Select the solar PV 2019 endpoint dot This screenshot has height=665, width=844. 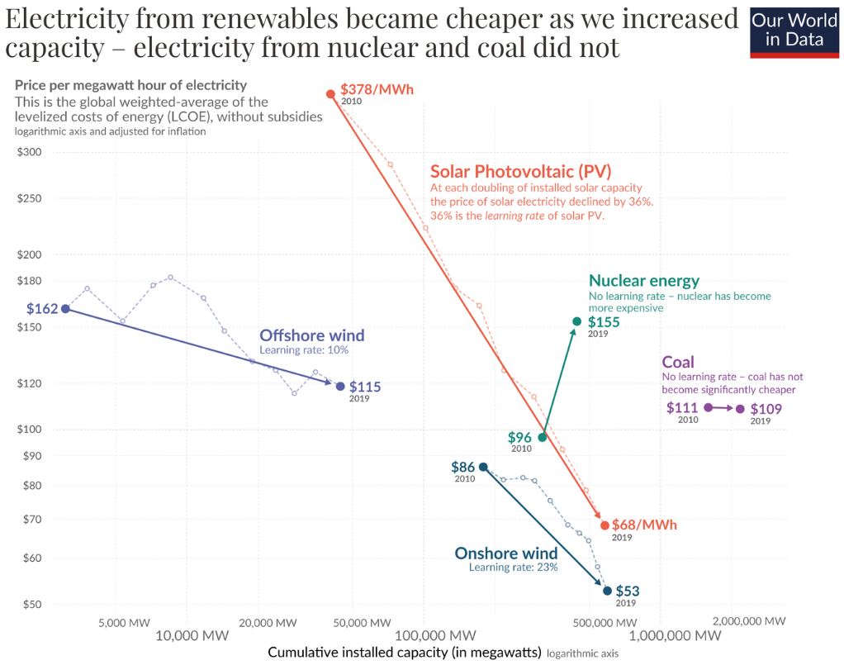pos(605,525)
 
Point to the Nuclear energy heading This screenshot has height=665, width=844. pos(644,281)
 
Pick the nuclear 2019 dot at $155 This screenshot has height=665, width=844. pos(576,321)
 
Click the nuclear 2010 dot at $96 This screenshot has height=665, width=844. pos(543,438)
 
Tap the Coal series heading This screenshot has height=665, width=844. pos(678,362)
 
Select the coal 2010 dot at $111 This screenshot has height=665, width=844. pos(709,407)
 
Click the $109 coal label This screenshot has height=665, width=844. pos(766,408)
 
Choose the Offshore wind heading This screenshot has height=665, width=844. pos(311,335)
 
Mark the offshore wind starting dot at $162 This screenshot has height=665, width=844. pos(66,309)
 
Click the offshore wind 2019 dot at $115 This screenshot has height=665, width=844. pos(340,386)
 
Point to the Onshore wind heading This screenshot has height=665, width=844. pos(506,553)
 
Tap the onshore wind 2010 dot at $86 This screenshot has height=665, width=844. pos(483,468)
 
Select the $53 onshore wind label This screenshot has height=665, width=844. pos(628,591)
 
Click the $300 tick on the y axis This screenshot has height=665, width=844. pos(31,152)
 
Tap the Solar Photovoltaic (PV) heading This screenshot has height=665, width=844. pos(520,172)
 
